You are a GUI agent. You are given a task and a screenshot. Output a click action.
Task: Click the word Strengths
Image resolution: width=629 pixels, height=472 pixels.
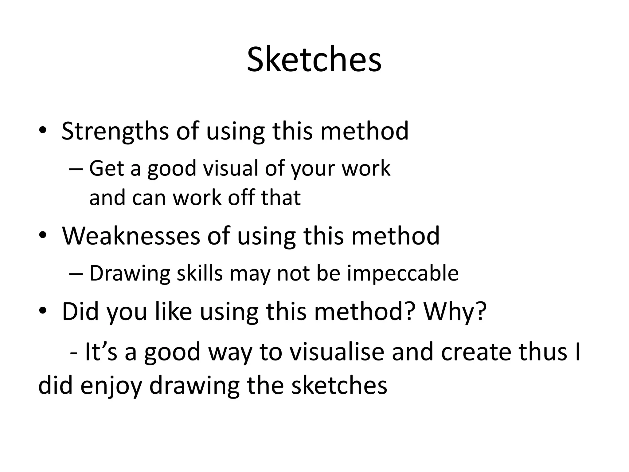pos(115,131)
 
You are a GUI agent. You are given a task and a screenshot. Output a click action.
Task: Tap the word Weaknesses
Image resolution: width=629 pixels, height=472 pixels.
pos(131,236)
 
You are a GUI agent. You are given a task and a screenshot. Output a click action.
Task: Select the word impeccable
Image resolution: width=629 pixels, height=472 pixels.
pos(403,273)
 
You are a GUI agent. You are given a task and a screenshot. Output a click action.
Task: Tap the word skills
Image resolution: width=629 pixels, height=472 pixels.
pos(199,273)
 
